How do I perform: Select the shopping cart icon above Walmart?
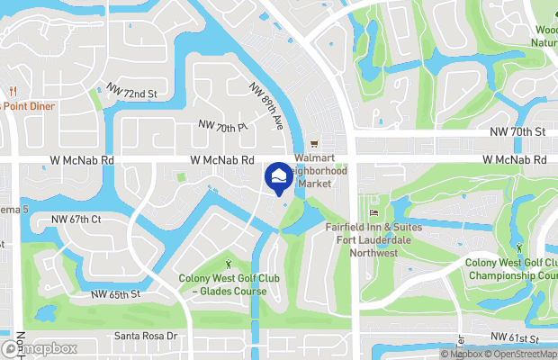[314, 145]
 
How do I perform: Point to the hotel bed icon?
[373, 212]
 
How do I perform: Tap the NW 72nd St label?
[131, 91]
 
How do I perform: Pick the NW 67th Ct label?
[76, 219]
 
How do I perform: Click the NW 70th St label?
[518, 132]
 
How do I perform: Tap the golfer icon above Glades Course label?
[228, 264]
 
